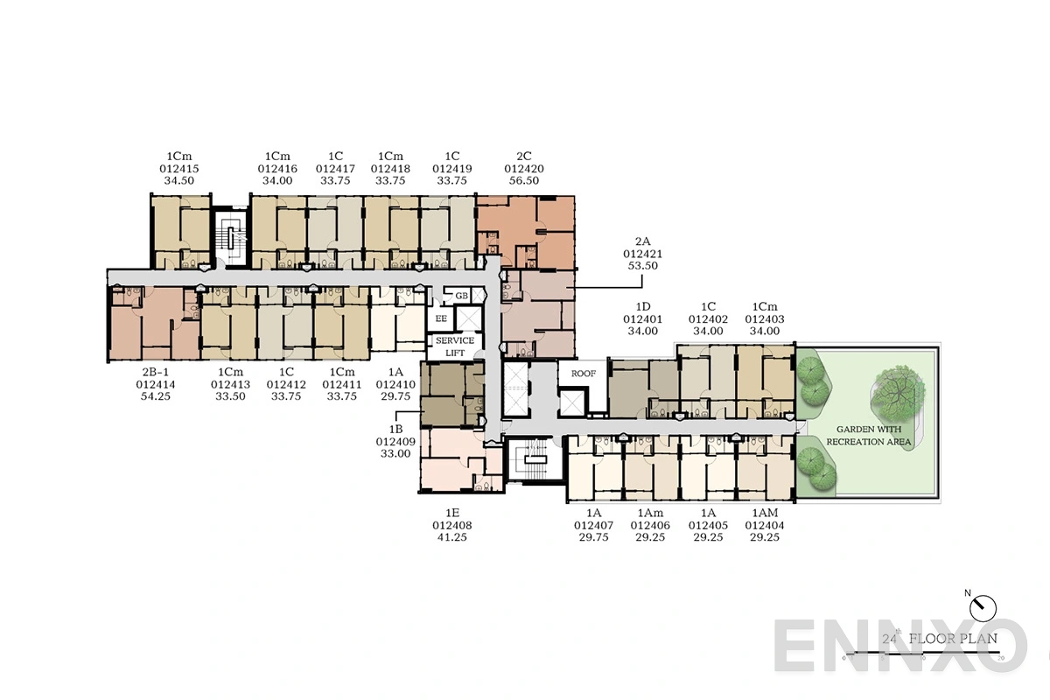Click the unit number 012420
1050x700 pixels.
click(x=523, y=168)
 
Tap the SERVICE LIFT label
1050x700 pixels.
click(x=455, y=346)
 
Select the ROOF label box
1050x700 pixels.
click(x=583, y=373)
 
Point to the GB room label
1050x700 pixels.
click(x=462, y=296)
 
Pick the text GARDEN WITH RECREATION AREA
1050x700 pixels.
click(x=869, y=436)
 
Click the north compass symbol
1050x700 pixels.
click(x=984, y=604)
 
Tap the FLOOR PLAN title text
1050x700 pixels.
click(x=953, y=638)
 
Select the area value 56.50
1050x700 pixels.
click(x=523, y=181)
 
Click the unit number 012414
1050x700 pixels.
click(x=155, y=383)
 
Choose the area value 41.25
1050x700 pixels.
click(x=451, y=537)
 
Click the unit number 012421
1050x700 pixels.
click(x=642, y=253)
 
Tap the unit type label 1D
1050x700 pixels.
click(x=642, y=307)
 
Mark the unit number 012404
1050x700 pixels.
click(x=765, y=525)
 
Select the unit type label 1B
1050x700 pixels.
click(x=395, y=430)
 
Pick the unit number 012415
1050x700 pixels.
click(x=178, y=168)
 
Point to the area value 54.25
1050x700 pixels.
click(x=155, y=396)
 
